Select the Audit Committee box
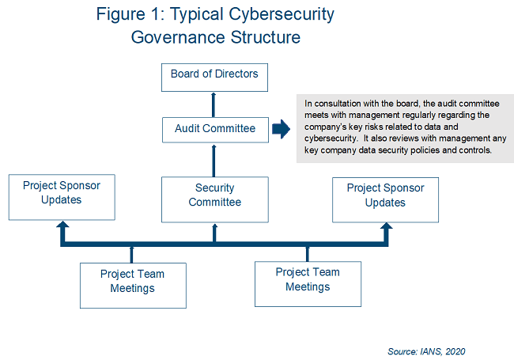[x=214, y=128]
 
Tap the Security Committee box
[x=214, y=196]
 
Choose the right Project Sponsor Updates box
[x=385, y=196]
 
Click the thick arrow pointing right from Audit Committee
[x=280, y=129]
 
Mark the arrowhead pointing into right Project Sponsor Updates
[x=385, y=229]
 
